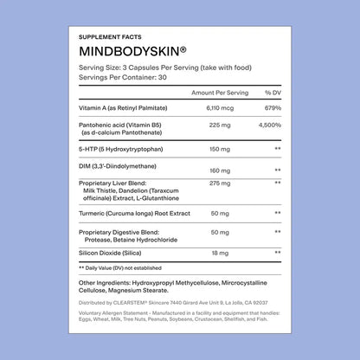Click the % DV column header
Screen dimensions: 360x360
click(273, 92)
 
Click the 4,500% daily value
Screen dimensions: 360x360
click(272, 125)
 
